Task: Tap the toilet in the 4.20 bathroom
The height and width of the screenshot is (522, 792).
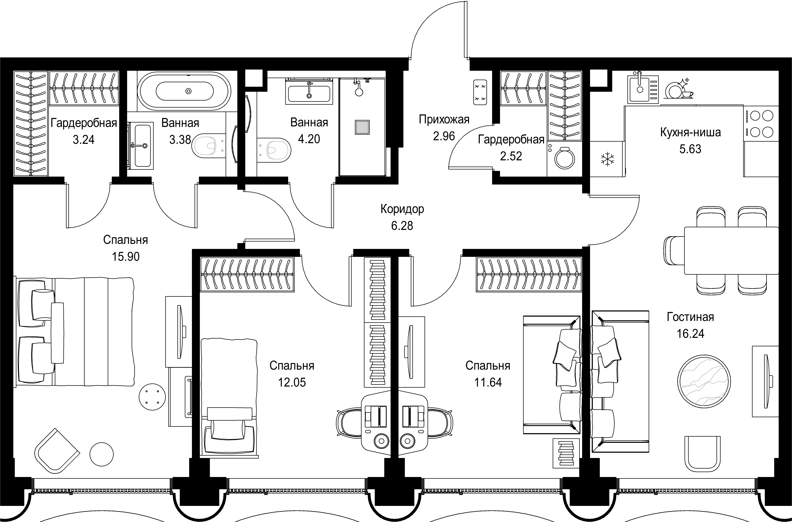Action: click(x=275, y=150)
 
